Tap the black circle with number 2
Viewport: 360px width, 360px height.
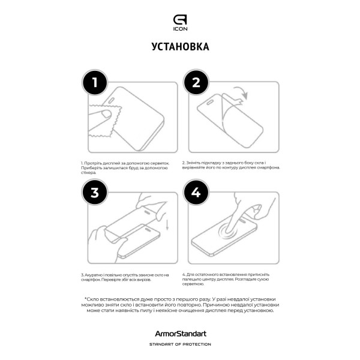pos(195,84)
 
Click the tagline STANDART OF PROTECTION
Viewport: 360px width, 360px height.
pos(180,344)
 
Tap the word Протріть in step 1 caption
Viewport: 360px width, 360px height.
pos(95,163)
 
